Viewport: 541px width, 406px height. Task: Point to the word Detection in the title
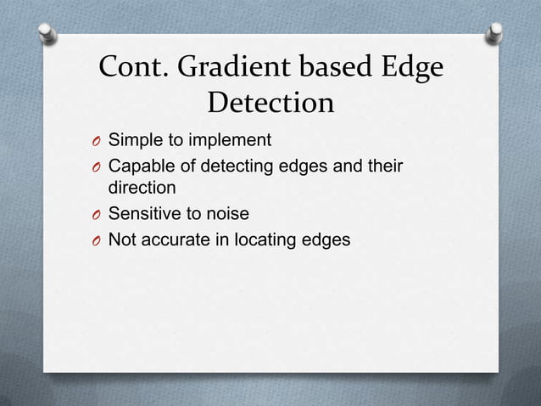click(x=271, y=104)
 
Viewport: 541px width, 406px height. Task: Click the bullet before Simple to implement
click(x=98, y=139)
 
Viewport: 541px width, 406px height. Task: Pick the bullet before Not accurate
click(x=98, y=240)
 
